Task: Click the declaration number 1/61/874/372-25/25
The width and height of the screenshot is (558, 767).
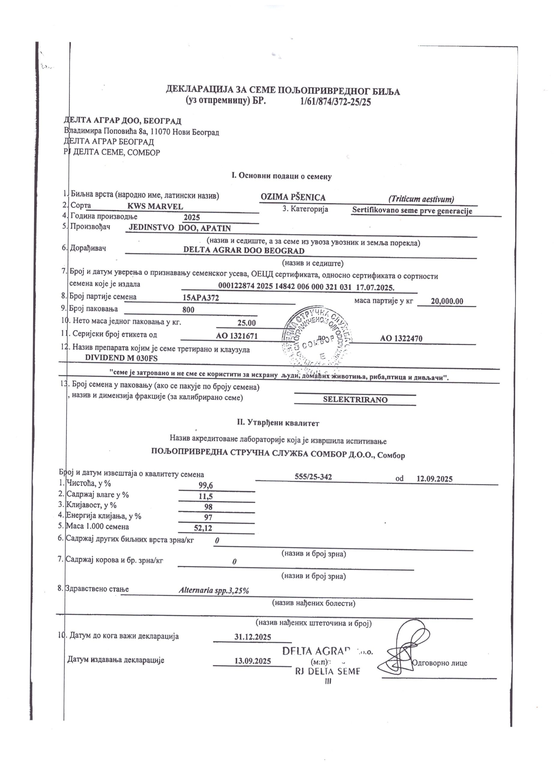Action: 335,102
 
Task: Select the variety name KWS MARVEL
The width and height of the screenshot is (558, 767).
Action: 155,206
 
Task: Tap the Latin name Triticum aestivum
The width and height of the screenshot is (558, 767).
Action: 421,199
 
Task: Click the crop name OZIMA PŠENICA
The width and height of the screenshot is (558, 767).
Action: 293,197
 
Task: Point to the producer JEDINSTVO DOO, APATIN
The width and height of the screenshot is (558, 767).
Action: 180,228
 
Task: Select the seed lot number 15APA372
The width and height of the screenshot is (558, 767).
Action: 201,298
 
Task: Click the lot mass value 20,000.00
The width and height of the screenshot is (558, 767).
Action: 447,301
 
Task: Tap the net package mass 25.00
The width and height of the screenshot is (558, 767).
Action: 246,323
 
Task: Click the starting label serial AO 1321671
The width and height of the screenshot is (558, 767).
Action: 237,336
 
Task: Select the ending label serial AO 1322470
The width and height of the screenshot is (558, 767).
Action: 401,338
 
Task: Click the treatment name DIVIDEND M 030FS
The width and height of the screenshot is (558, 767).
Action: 121,358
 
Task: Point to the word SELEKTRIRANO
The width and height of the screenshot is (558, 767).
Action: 355,399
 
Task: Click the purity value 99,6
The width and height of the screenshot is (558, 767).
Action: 206,486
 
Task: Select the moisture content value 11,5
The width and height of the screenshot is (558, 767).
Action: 206,496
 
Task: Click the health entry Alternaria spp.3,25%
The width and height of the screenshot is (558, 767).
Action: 214,591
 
